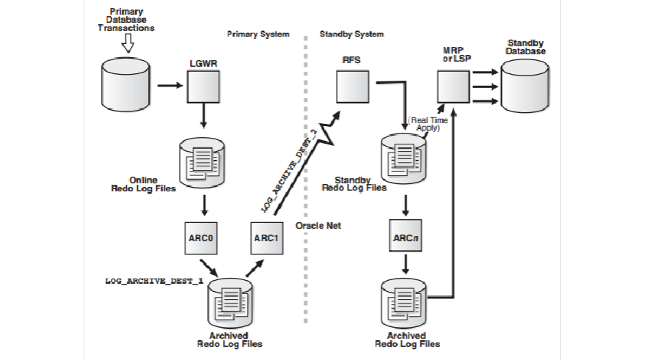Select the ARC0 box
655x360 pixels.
pyautogui.click(x=200, y=238)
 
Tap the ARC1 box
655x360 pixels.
pyautogui.click(x=266, y=238)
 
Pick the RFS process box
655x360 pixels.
pyautogui.click(x=352, y=87)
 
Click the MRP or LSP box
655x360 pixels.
pyautogui.click(x=453, y=87)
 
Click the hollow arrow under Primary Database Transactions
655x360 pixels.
pyautogui.click(x=128, y=45)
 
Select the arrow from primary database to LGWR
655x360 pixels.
pyautogui.click(x=169, y=85)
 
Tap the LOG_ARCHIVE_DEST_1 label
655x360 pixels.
pyautogui.click(x=153, y=282)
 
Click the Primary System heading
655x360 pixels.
pyautogui.click(x=258, y=34)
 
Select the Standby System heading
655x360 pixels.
pyautogui.click(x=351, y=34)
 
